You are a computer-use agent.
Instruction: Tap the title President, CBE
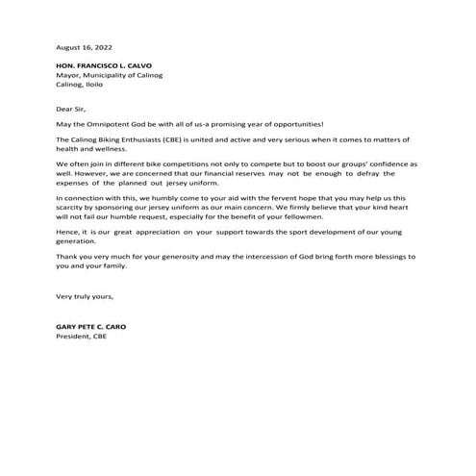[85, 337]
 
